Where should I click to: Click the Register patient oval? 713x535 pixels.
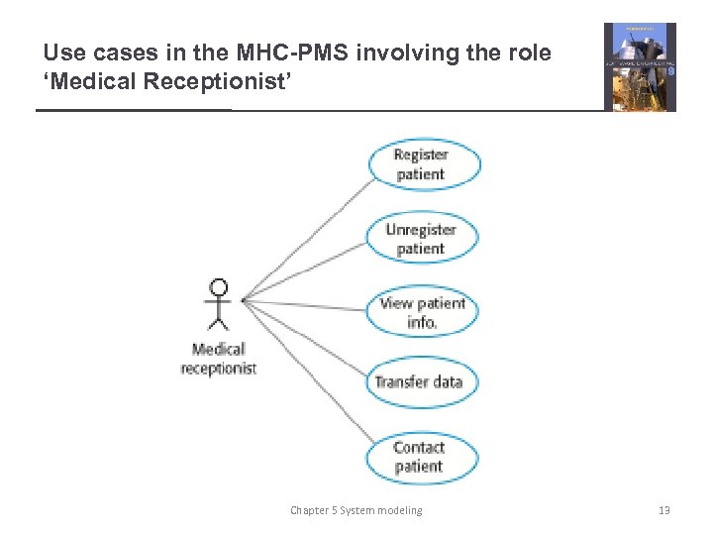pyautogui.click(x=424, y=164)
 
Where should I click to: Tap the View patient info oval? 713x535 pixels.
pyautogui.click(x=422, y=312)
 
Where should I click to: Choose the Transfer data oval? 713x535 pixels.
pyautogui.click(x=418, y=381)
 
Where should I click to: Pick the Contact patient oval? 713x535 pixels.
pyautogui.click(x=419, y=457)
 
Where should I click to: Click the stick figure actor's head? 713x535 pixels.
pyautogui.click(x=218, y=288)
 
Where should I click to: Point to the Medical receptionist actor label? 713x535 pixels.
pyautogui.click(x=219, y=358)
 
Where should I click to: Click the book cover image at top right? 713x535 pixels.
pyautogui.click(x=640, y=67)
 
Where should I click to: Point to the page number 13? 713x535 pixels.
pyautogui.click(x=663, y=510)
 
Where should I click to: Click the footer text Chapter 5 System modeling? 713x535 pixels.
pyautogui.click(x=356, y=510)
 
